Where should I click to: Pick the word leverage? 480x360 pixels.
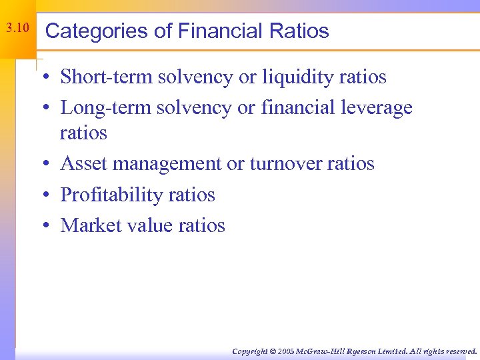tap(380, 107)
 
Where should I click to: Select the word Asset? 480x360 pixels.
tap(79, 164)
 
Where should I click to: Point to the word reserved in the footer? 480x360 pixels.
tap(461, 351)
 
